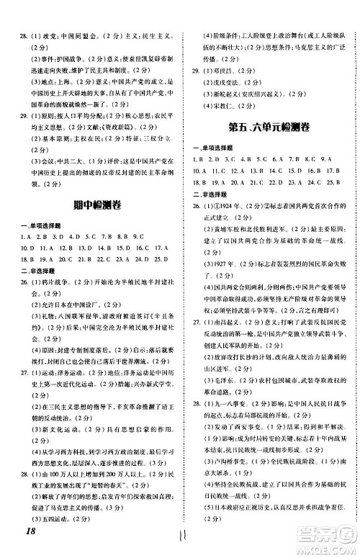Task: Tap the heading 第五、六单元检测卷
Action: point(271,128)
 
